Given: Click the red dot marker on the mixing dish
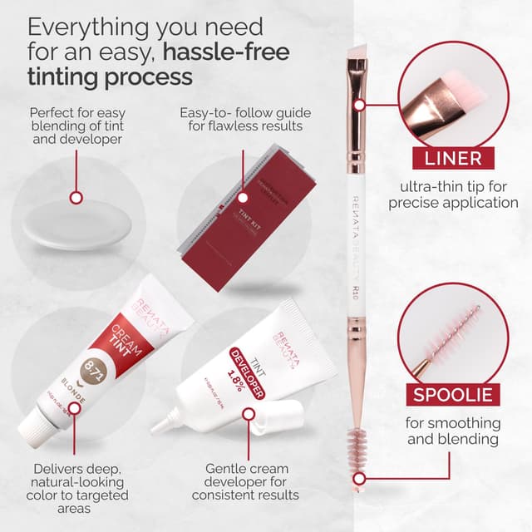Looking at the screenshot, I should [76, 198].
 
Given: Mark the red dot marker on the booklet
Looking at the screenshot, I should [244, 198].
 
